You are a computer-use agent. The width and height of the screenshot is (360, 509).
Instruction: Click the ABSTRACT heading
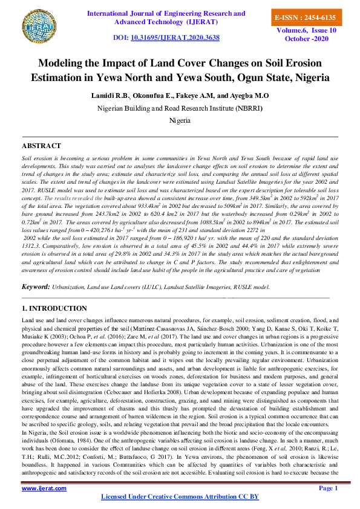(x=41, y=146)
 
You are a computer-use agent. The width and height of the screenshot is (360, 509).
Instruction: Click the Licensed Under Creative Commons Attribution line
(x=179, y=496)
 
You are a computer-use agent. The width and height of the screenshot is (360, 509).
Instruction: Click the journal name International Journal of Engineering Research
(x=166, y=13)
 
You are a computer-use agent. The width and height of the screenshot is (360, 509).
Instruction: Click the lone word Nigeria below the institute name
(x=180, y=120)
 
